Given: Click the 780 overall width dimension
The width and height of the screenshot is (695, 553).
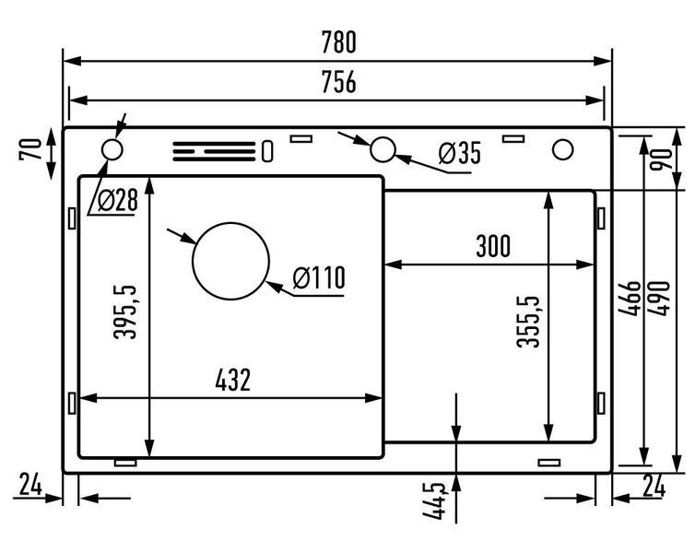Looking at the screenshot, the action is click(x=338, y=42).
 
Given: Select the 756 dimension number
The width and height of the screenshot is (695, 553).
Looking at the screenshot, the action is click(x=338, y=82).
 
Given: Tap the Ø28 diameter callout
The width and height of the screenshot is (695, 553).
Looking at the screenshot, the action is click(x=118, y=200).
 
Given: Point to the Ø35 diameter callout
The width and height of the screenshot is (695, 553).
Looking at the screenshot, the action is click(x=460, y=153).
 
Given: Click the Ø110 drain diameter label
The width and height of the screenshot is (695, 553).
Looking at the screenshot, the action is click(x=319, y=277).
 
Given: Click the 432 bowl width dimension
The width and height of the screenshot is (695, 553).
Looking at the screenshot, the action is click(x=232, y=380).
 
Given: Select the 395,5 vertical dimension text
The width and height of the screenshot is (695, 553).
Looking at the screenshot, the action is click(x=126, y=312).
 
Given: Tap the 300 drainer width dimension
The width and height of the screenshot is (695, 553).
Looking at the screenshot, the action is click(x=493, y=246).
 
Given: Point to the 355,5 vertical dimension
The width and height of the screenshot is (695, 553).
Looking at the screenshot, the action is click(x=529, y=322).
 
